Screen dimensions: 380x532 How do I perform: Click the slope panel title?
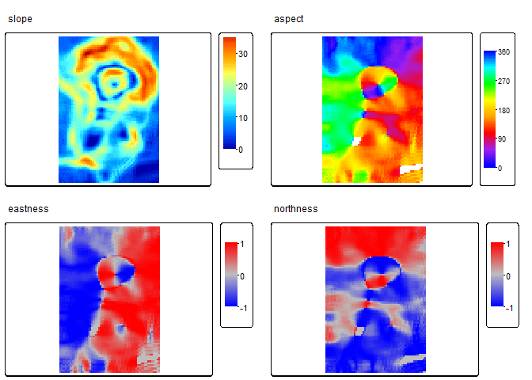coord(20,19)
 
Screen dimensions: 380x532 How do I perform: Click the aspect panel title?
coord(288,19)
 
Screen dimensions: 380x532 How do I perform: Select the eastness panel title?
coord(28,209)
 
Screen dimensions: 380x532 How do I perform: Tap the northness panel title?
coord(295,209)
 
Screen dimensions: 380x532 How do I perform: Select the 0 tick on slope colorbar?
coord(241,149)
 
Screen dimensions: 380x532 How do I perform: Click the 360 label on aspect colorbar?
coord(503,51)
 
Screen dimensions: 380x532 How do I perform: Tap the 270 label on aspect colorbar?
coord(503,81)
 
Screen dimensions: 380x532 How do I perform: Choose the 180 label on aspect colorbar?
coord(503,109)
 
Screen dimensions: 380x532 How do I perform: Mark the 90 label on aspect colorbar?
coord(502,139)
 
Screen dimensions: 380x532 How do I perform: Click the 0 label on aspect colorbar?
coord(500,168)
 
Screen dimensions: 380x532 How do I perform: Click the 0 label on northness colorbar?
coord(507,275)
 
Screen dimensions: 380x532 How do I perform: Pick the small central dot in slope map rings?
coord(115,82)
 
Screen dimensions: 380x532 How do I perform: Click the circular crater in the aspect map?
coord(378,82)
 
